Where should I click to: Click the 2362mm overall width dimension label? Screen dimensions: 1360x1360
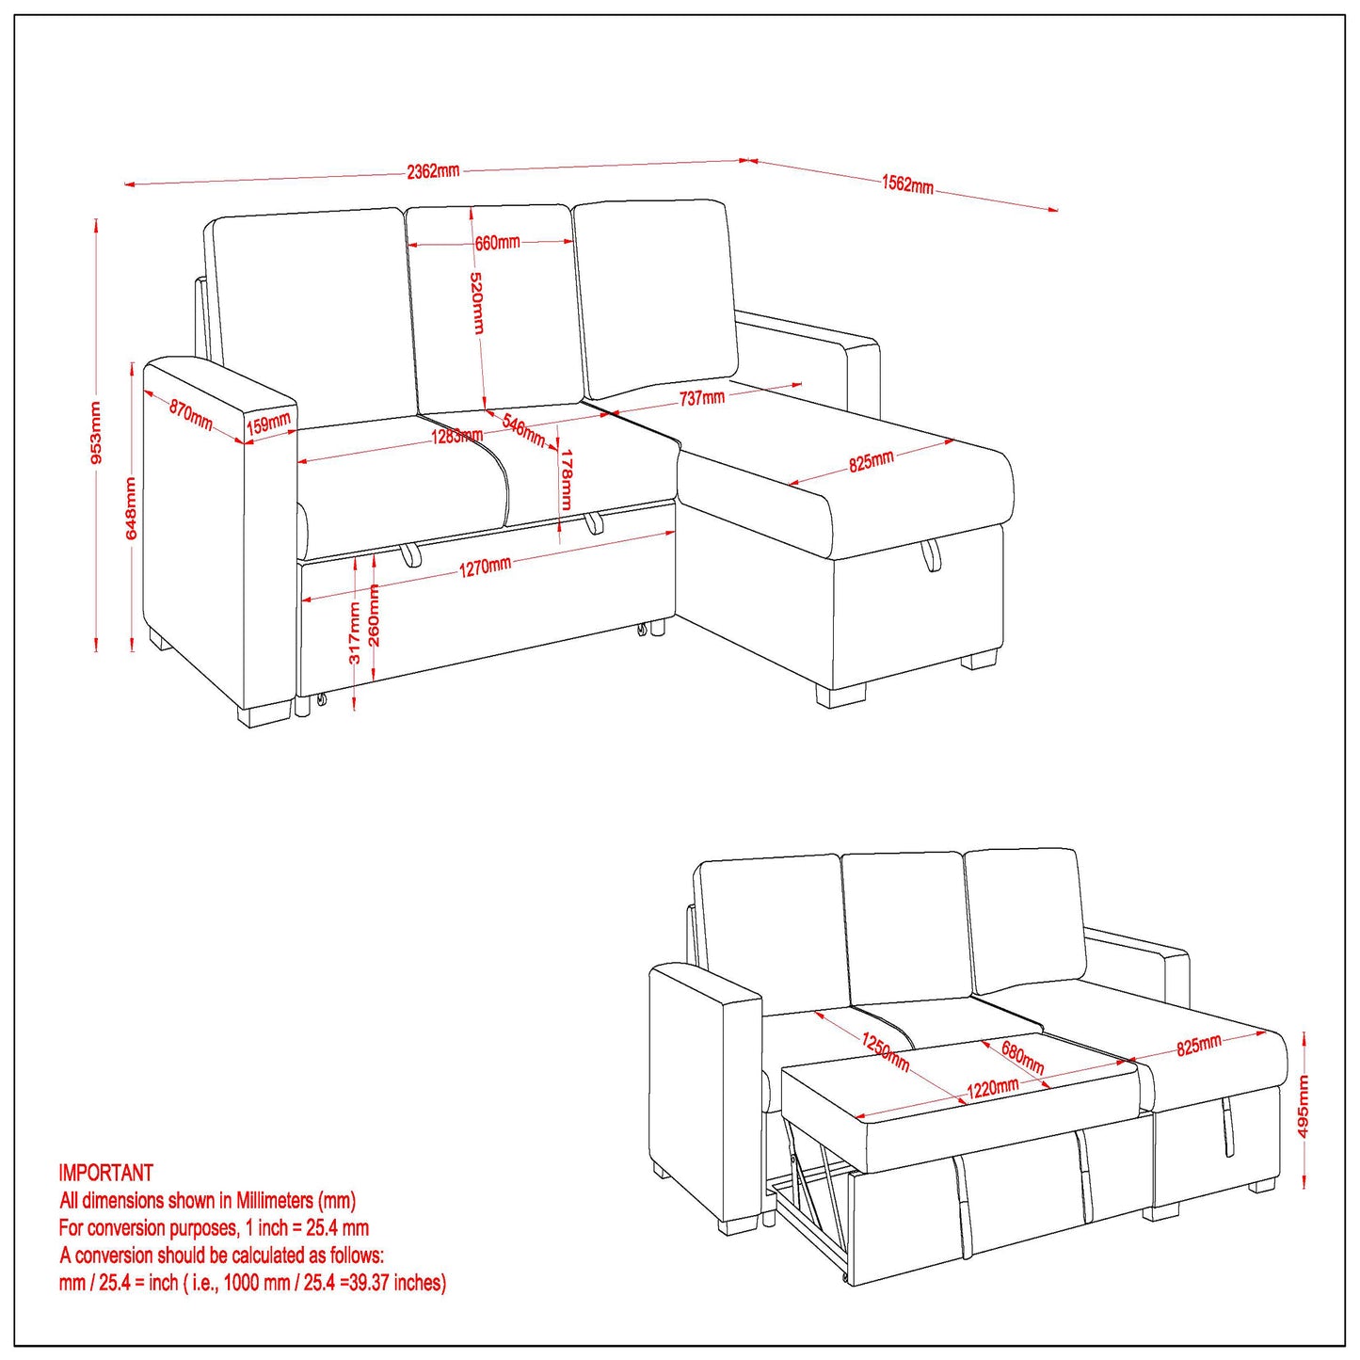(433, 171)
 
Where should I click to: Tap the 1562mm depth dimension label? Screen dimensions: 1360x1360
(907, 184)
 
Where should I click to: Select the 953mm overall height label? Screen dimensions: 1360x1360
(95, 433)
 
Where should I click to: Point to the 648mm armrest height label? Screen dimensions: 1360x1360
(131, 508)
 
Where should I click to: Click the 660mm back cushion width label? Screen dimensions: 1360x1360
(497, 243)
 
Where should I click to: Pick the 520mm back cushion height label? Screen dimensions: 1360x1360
(477, 303)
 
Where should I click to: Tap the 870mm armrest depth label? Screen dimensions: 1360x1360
(191, 414)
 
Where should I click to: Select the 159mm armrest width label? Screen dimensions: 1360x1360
(268, 424)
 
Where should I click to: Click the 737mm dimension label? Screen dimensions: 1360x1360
(702, 398)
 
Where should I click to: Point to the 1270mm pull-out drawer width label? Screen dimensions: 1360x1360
(485, 567)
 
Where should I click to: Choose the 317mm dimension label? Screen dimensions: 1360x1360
(355, 632)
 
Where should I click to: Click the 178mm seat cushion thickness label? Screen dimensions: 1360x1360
(566, 479)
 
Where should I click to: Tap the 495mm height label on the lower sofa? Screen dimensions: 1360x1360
(1304, 1107)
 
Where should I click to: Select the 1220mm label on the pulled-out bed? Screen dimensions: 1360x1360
(993, 1089)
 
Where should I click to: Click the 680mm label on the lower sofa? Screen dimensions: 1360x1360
(1022, 1057)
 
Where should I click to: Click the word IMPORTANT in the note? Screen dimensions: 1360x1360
(105, 1173)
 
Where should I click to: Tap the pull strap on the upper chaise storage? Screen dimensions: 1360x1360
(930, 555)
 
